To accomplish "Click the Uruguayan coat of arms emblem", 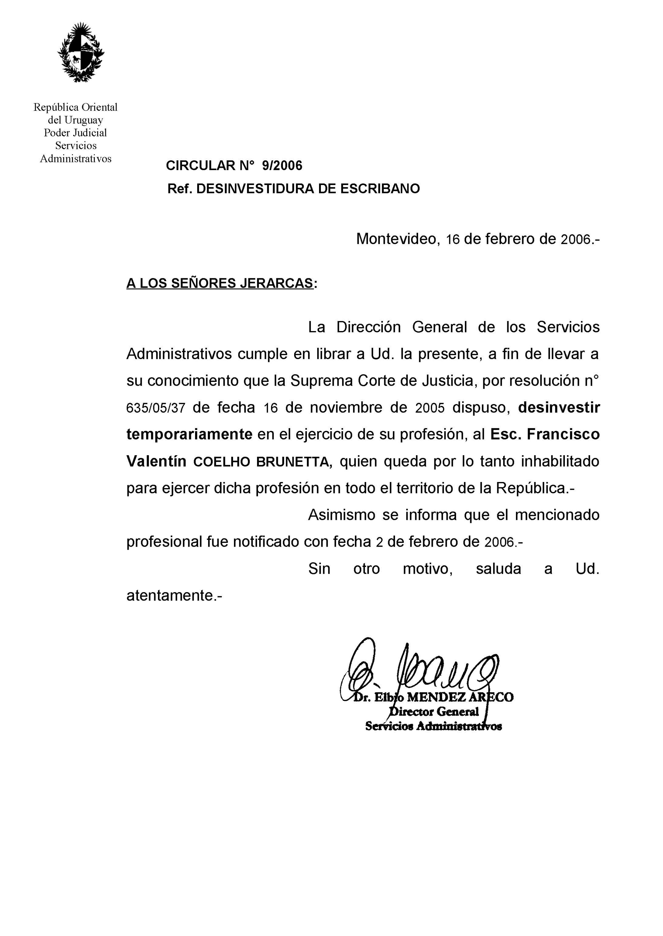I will point(80,52).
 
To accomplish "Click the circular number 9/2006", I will point(282,166).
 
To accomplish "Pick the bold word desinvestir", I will point(559,408).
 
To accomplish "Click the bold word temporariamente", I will point(189,435).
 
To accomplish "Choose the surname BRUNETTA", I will point(292,462).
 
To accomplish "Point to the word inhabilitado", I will point(560,461).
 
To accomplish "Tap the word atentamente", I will point(173,596).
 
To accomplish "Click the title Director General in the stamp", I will point(434,712).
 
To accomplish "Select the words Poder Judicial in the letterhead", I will point(75,133).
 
